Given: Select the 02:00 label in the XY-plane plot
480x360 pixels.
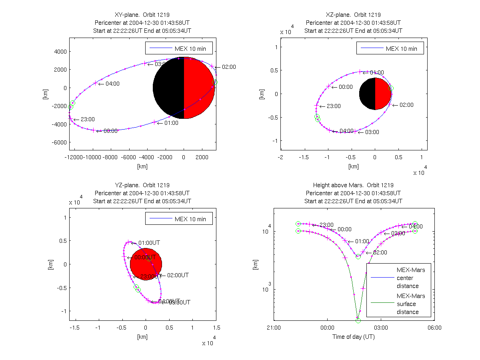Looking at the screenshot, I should (x=228, y=67).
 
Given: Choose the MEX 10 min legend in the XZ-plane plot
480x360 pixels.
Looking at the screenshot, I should (x=390, y=49).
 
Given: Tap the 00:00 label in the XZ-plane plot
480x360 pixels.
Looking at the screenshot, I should (x=346, y=87).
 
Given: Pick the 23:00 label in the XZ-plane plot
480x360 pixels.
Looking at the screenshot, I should (x=333, y=106).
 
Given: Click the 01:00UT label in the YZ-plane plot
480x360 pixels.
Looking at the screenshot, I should (x=149, y=243).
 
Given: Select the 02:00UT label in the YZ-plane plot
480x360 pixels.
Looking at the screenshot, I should (x=178, y=276).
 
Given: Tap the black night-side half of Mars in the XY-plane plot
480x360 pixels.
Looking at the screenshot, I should (x=168, y=88).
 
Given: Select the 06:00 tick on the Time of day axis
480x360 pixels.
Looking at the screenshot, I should (x=434, y=327).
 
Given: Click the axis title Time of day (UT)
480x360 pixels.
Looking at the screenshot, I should (x=354, y=337).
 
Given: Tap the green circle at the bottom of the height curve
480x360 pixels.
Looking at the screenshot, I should (x=358, y=320).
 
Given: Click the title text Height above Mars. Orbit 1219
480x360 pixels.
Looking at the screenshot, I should (x=354, y=185).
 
